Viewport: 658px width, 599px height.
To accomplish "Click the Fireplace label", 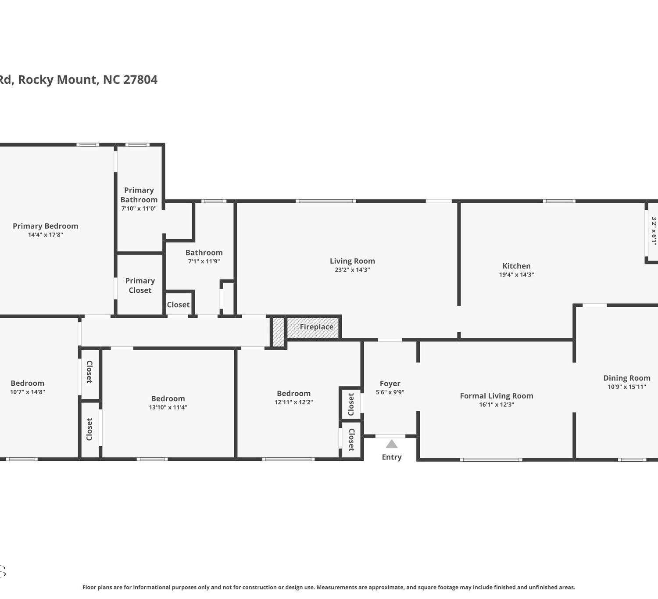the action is point(317,327).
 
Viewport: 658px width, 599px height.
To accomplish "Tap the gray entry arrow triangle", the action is point(392,444).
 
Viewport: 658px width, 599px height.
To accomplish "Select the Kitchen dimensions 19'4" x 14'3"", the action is point(516,275).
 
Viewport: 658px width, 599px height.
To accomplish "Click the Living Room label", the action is point(352,261).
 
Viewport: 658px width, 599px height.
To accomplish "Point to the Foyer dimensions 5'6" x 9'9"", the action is point(390,392).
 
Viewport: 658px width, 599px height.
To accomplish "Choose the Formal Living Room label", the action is point(496,396).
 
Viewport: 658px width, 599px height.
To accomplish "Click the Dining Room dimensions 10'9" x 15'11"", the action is point(627,387).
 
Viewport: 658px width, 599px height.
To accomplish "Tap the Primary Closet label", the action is point(140,286).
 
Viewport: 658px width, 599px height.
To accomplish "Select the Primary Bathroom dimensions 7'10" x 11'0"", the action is point(139,208).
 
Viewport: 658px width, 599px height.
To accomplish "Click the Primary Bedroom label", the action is point(45,226).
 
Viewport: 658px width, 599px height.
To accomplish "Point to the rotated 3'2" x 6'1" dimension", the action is point(654,231).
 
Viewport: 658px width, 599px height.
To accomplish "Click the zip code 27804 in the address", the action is point(140,80).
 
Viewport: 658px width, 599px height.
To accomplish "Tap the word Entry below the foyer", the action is point(392,457).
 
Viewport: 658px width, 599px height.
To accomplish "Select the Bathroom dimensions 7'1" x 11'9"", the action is point(204,261).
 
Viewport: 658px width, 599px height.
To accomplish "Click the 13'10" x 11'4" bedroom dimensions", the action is point(168,407).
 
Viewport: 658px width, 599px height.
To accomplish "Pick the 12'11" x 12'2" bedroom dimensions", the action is point(293,402).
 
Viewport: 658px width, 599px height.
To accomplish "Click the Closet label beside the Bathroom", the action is point(178,305).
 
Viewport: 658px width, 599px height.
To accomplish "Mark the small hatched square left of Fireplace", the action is point(279,332).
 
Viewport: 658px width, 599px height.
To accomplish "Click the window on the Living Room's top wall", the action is point(326,201).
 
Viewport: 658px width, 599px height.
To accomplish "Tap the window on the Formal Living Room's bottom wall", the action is point(491,460).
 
